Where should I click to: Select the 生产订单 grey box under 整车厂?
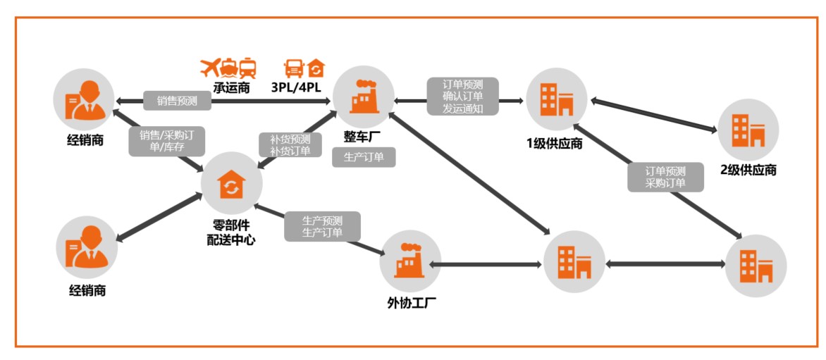(364, 157)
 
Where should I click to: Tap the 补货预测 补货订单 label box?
(285, 144)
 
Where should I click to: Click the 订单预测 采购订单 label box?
(665, 177)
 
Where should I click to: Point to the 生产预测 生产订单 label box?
(322, 226)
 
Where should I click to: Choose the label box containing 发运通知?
(462, 97)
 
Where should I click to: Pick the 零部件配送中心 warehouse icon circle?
(231, 184)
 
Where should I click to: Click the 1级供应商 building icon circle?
(557, 99)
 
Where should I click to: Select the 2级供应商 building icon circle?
(748, 129)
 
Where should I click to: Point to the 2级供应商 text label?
(748, 170)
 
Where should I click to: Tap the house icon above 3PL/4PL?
(316, 68)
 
